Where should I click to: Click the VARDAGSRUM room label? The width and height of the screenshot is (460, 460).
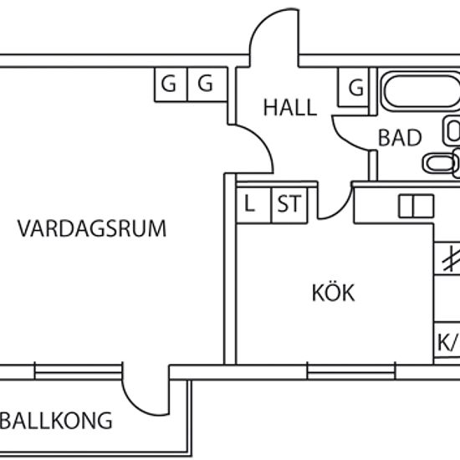(92, 228)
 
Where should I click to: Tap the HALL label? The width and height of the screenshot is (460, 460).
(290, 107)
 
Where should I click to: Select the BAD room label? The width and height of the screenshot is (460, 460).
(400, 138)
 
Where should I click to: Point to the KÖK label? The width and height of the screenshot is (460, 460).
(333, 293)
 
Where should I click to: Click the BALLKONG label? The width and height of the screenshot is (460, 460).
(57, 421)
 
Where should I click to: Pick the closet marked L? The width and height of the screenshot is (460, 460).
(253, 205)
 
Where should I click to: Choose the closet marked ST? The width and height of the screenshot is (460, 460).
(289, 205)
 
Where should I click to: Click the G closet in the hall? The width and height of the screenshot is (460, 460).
(354, 87)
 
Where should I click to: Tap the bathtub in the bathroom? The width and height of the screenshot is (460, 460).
(421, 91)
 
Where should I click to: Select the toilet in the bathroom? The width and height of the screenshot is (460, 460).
(441, 163)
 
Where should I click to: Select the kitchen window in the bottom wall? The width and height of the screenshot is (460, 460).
(351, 372)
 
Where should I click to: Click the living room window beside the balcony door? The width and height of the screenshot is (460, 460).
(78, 372)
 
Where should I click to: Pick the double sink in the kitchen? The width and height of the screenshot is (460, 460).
(416, 207)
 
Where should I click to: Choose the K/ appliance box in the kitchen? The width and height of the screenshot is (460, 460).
(447, 340)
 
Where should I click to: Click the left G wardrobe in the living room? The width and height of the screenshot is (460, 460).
(171, 84)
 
